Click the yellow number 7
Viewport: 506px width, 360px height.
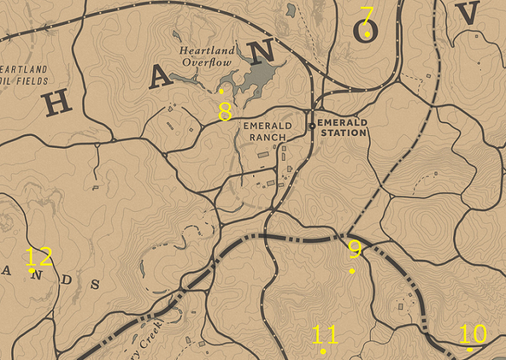367,15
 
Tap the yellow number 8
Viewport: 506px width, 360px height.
225,112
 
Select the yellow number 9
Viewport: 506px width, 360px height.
354,248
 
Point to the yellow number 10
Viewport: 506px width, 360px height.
473,334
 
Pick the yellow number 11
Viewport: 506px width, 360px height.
325,335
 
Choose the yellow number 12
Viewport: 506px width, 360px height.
39,256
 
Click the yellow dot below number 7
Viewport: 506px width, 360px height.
367,34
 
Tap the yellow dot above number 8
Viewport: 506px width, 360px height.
222,91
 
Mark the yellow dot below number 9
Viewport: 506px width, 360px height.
352,270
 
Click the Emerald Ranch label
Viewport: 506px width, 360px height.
267,131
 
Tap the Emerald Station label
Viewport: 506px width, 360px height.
341,127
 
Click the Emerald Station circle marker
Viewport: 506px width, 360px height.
312,125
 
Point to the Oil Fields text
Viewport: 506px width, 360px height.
25,81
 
